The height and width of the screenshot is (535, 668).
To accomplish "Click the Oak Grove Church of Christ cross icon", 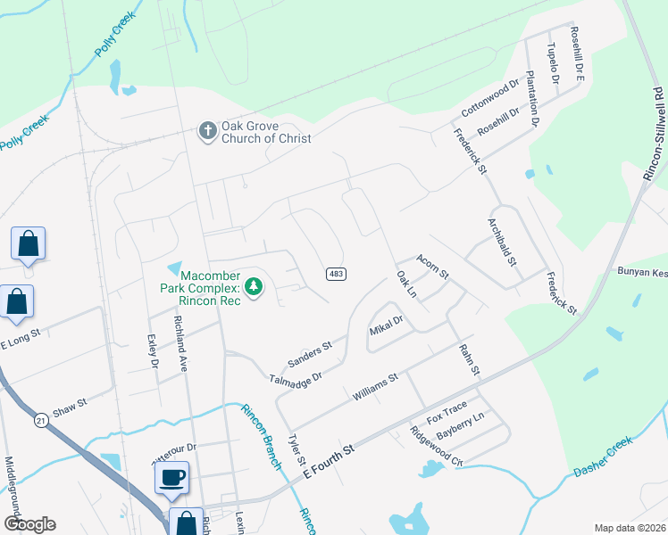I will pyautogui.click(x=207, y=132).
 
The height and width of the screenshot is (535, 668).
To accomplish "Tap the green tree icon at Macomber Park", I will pyautogui.click(x=255, y=286).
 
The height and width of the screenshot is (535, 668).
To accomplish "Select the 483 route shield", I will pyautogui.click(x=335, y=274).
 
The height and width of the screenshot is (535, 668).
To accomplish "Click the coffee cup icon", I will pyautogui.click(x=171, y=476).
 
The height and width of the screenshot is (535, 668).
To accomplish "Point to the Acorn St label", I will pyautogui.click(x=431, y=264).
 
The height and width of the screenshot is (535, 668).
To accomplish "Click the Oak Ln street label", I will pyautogui.click(x=406, y=285).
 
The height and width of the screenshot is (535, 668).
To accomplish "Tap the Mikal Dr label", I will pyautogui.click(x=387, y=325).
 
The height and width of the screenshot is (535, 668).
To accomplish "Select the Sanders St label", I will pyautogui.click(x=309, y=353).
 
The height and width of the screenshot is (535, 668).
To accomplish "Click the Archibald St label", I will pyautogui.click(x=502, y=242).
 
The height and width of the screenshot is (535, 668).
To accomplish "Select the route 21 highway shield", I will pyautogui.click(x=41, y=419).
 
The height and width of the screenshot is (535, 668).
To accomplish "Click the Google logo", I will pyautogui.click(x=29, y=524).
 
